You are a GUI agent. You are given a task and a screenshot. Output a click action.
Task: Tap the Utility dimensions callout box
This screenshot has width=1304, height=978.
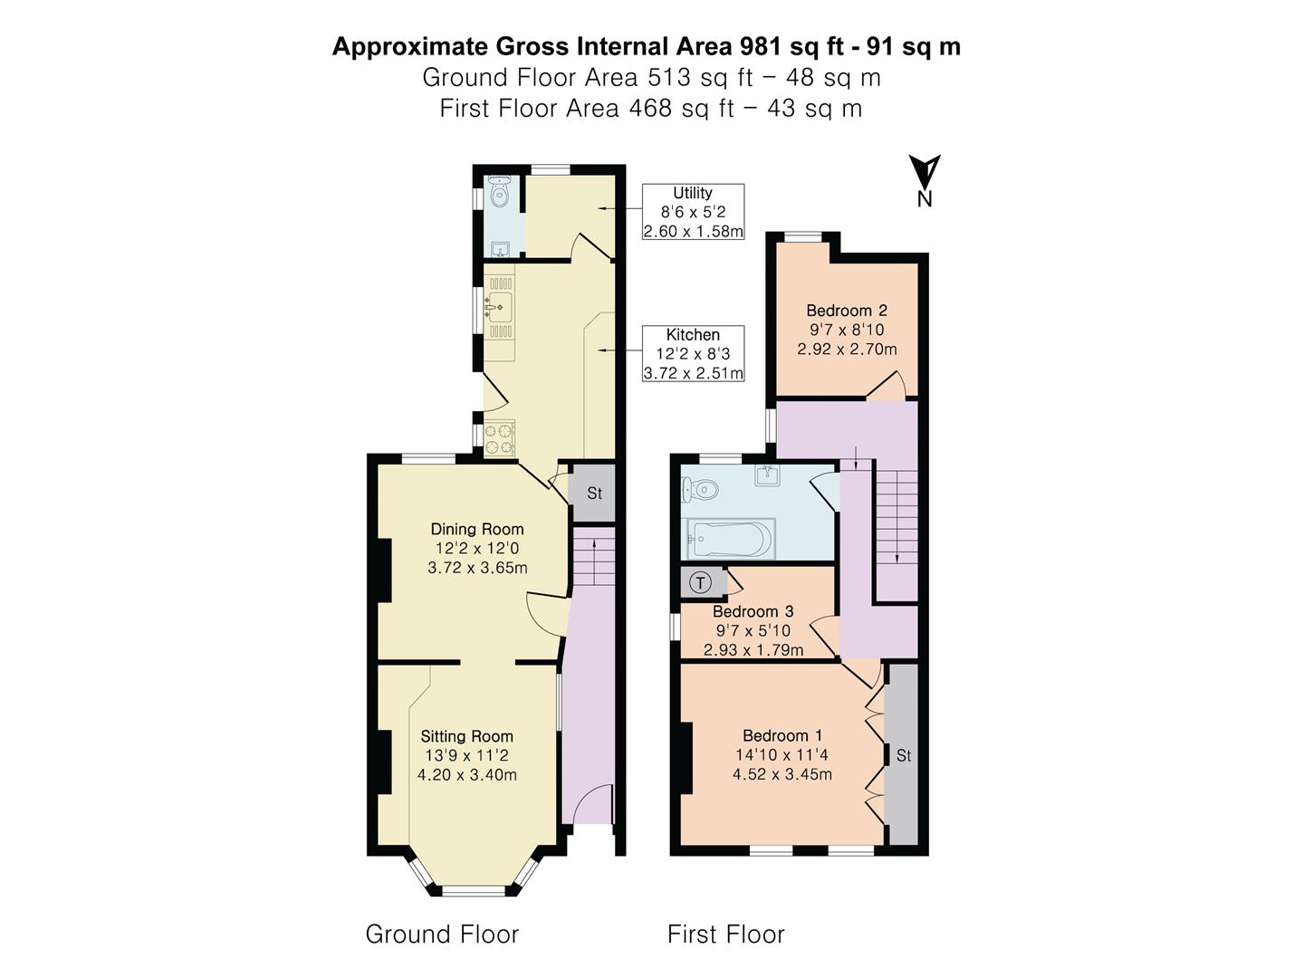[x=693, y=212]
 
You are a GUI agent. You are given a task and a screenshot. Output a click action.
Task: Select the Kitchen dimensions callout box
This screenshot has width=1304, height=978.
[x=693, y=353]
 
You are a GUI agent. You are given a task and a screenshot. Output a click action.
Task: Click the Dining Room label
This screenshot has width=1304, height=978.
[x=477, y=530]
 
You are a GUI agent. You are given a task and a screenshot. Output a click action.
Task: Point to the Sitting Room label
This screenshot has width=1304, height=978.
[x=466, y=737]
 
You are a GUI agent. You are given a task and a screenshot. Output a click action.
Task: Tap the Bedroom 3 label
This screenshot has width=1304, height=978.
[x=753, y=612]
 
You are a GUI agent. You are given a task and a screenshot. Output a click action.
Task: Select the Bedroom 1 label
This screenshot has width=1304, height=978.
[x=782, y=735]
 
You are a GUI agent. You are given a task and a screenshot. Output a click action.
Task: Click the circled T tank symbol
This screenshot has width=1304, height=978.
[x=701, y=583]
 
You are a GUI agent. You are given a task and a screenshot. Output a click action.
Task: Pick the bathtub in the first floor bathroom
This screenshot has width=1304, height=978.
[x=729, y=540]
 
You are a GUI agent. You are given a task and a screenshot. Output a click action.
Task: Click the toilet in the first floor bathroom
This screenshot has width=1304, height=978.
[x=700, y=491]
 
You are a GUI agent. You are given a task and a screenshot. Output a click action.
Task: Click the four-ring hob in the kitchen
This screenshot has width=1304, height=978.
[x=499, y=438]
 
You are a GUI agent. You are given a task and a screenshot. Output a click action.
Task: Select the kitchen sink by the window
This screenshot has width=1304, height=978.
[x=499, y=308]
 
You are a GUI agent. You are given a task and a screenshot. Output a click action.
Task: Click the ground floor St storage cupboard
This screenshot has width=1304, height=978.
[x=594, y=494]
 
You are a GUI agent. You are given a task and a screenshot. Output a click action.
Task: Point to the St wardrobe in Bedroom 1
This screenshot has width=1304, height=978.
[x=903, y=755]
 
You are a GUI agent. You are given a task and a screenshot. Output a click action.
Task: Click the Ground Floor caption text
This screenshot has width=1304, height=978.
[x=442, y=934]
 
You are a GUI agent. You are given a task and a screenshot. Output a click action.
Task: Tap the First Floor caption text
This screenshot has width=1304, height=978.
[x=725, y=934]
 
